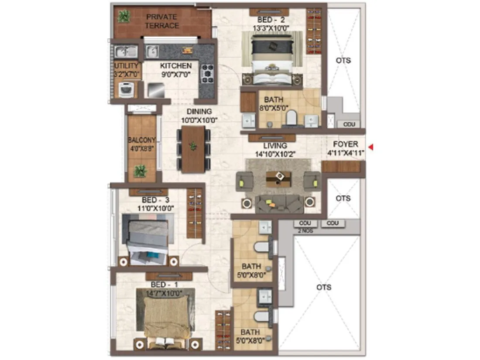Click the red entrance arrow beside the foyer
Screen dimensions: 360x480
(371, 147)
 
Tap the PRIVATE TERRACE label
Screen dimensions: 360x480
(162, 21)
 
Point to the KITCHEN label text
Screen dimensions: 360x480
(176, 66)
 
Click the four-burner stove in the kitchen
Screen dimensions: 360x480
(207, 73)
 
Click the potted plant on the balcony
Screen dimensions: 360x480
(140, 171)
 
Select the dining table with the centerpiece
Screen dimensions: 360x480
(193, 149)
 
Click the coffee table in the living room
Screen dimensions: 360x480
(278, 178)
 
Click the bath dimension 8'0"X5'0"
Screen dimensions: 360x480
(274, 108)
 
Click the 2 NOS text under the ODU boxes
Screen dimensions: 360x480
(305, 230)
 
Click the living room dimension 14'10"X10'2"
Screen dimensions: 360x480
(275, 154)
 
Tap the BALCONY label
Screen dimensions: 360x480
(141, 141)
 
